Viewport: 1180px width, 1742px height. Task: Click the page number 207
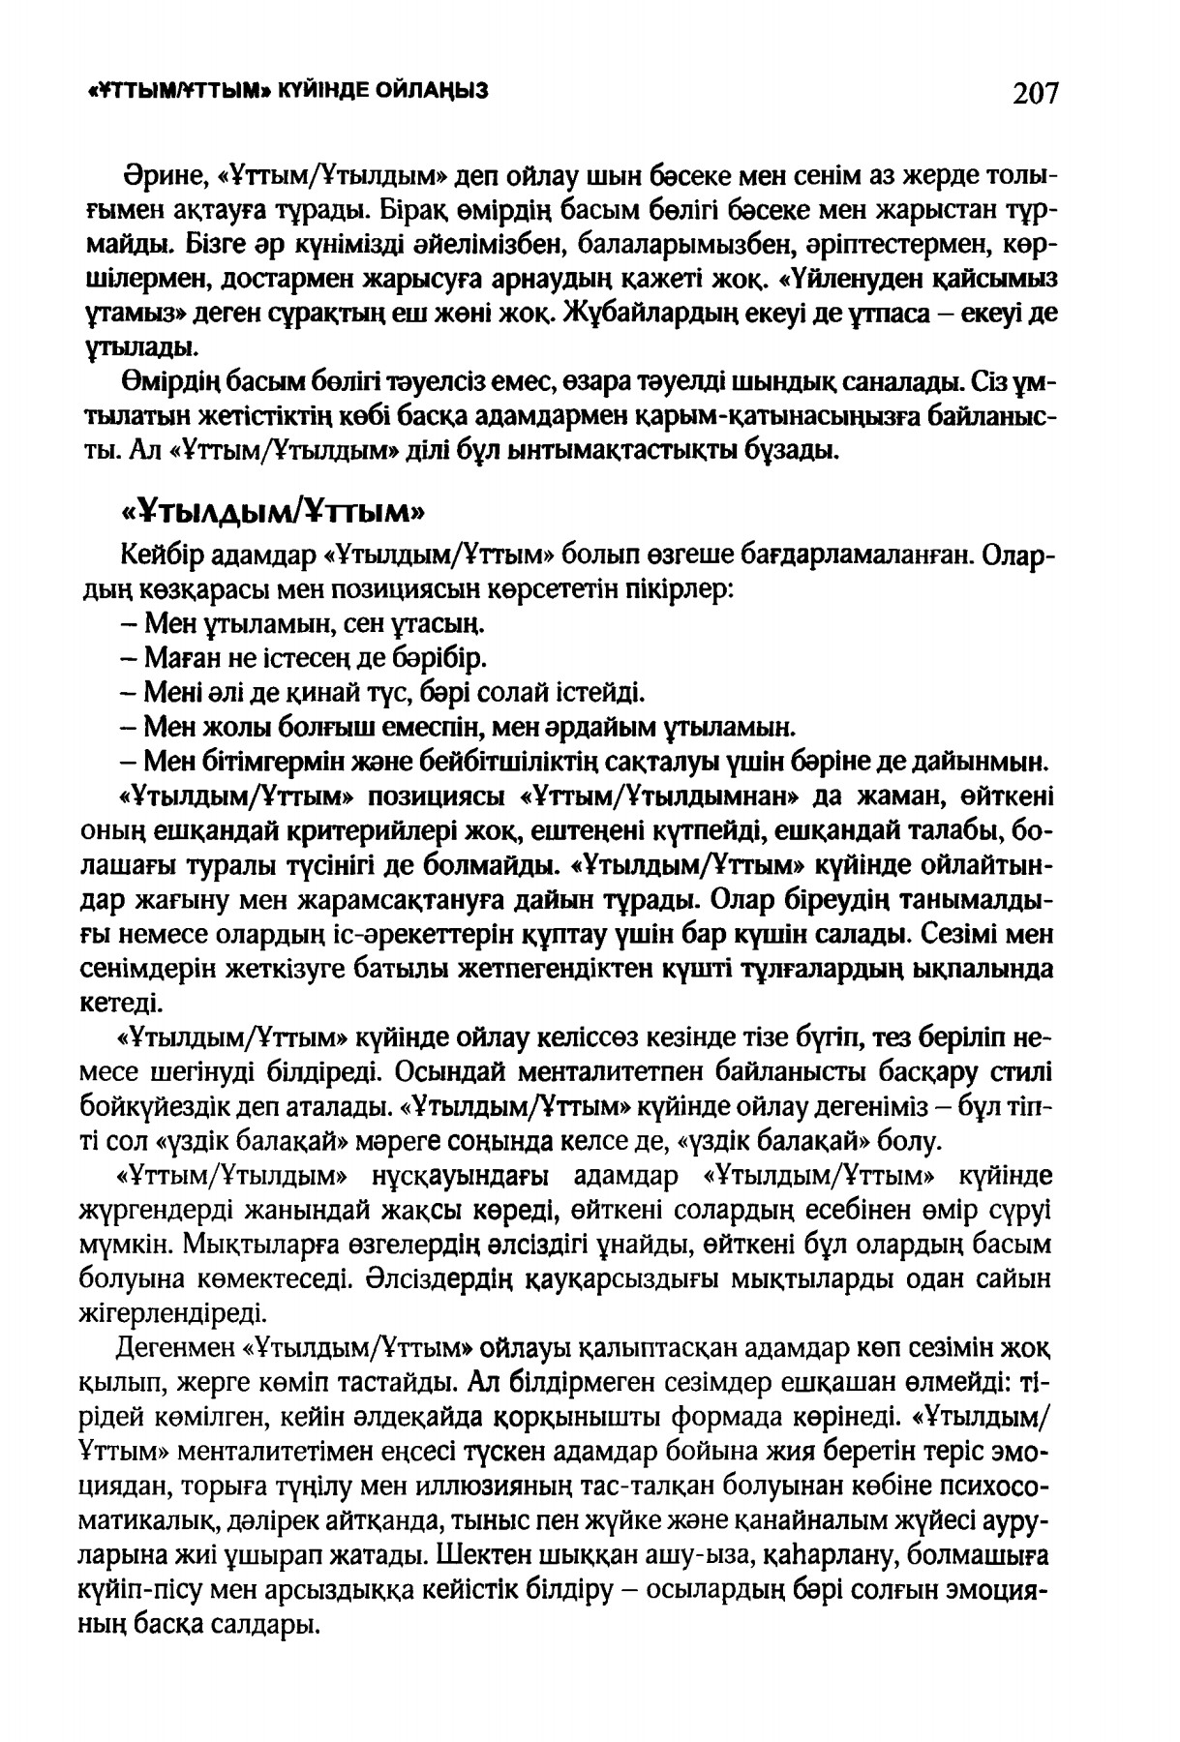(1036, 94)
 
